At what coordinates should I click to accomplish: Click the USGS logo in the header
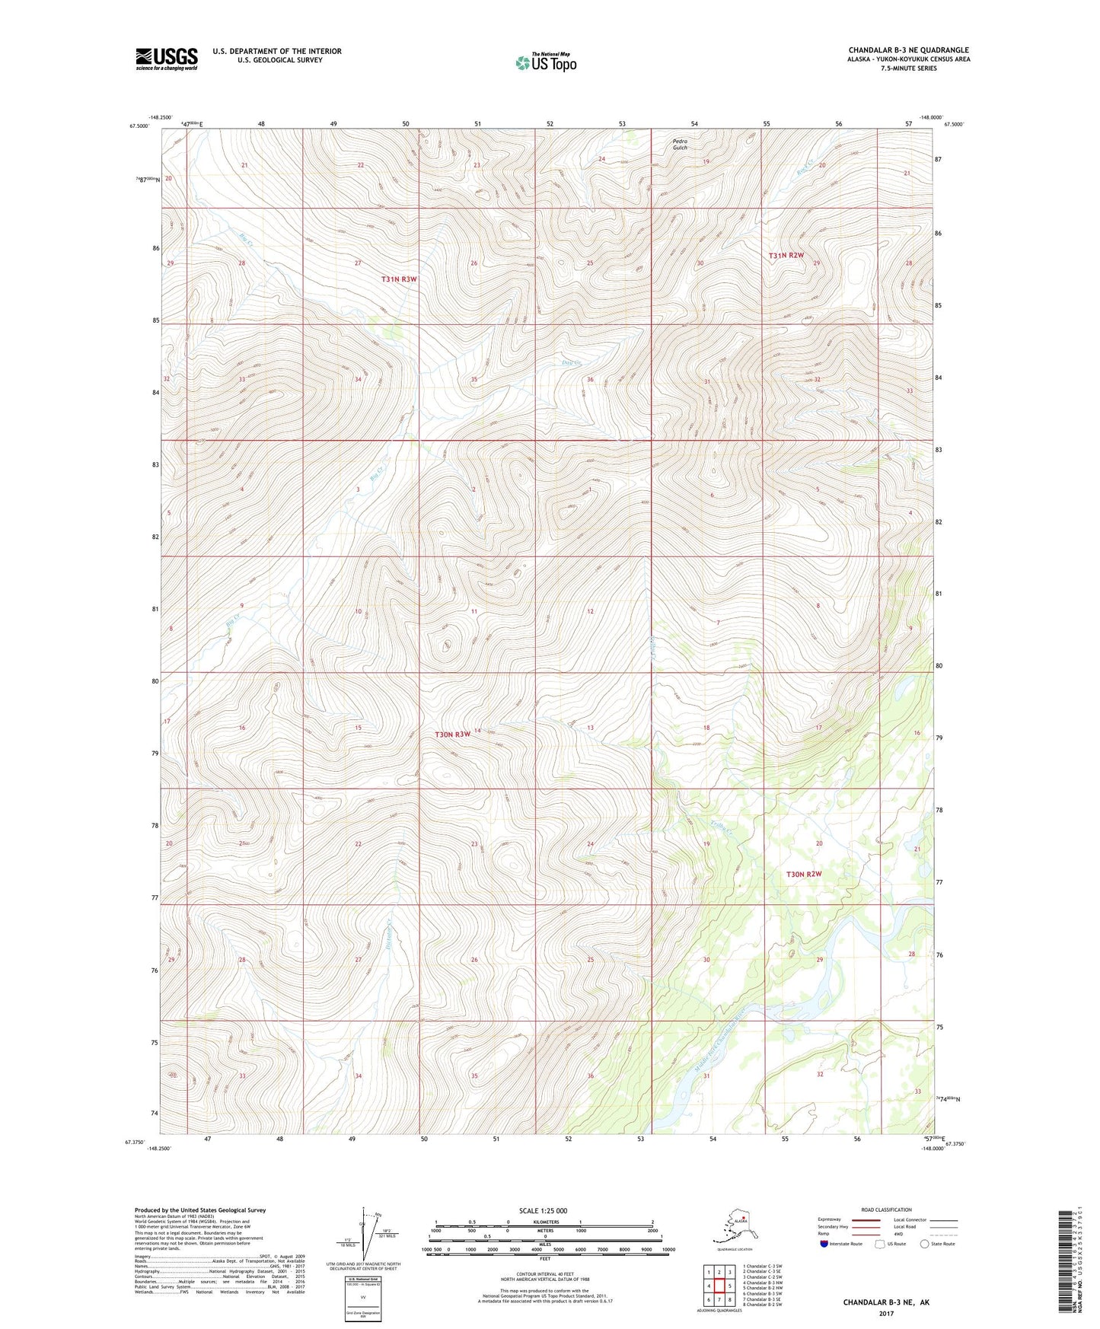pyautogui.click(x=166, y=59)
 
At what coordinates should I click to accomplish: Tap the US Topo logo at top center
pyautogui.click(x=545, y=62)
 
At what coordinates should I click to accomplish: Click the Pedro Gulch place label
pyautogui.click(x=680, y=144)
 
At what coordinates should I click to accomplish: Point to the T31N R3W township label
pyautogui.click(x=399, y=279)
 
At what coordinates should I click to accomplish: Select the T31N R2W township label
pyautogui.click(x=786, y=256)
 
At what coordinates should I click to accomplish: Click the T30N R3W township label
pyautogui.click(x=453, y=735)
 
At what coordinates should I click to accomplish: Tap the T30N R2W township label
pyautogui.click(x=804, y=874)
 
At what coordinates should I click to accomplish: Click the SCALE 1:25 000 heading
pyautogui.click(x=543, y=1210)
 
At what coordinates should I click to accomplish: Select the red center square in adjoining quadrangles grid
pyautogui.click(x=719, y=1286)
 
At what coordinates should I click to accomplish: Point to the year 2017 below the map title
pyautogui.click(x=886, y=1313)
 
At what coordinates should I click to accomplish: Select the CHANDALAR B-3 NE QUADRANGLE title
pyautogui.click(x=908, y=50)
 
